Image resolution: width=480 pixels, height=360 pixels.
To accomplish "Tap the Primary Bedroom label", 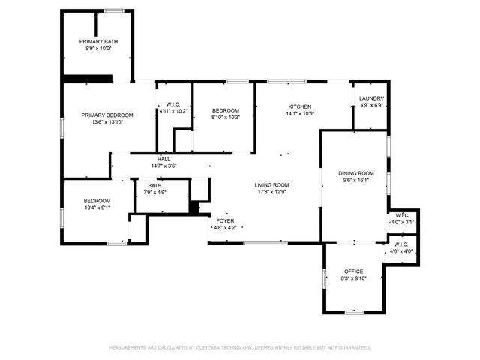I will pos(107,115).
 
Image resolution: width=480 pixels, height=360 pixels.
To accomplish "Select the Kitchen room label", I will pos(300,106).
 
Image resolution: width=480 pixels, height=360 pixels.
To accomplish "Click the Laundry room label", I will pos(371,98).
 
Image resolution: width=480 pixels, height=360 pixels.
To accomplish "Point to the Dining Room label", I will pos(358,173).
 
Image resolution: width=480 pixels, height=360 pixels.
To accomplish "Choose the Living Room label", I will pos(271,184).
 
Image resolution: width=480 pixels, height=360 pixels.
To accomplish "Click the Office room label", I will pos(353,271).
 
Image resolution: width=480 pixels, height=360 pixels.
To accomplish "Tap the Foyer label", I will pos(225,221).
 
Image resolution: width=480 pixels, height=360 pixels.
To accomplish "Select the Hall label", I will pos(163,159).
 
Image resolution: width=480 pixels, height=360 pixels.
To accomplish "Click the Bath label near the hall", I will pos(154,185).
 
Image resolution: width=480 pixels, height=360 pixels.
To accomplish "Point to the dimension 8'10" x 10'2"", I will pos(225,117).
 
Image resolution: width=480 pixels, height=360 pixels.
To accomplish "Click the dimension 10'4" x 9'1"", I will pos(97,208).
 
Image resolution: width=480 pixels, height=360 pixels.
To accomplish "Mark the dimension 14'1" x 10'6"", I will pos(300,114).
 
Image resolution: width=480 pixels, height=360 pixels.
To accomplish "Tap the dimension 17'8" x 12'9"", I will pos(271,192).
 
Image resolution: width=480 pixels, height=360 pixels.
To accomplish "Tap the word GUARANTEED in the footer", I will pos(353,347).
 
